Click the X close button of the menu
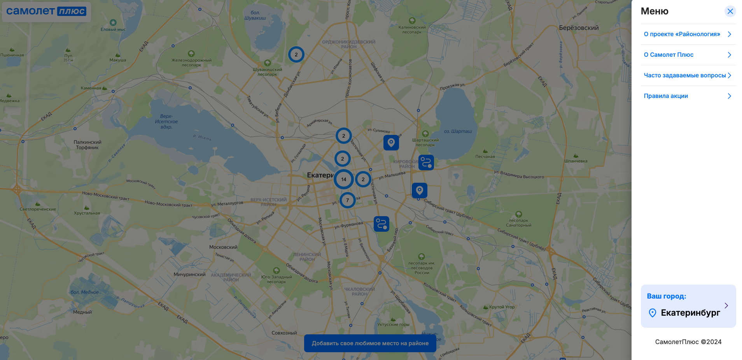point(730,11)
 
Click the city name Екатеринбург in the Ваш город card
point(690,313)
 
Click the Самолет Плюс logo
point(46,11)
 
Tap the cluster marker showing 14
point(344,179)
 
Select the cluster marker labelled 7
point(347,200)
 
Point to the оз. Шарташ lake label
point(458,131)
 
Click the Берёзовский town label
point(579,28)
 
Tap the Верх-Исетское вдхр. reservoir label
point(166,121)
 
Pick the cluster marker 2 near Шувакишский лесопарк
point(296,54)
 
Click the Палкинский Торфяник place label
point(87,145)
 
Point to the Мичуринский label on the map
point(189,274)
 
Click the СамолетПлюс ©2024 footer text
point(688,342)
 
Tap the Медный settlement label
point(82,312)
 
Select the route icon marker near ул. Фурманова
point(381,224)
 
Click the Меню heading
point(654,11)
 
